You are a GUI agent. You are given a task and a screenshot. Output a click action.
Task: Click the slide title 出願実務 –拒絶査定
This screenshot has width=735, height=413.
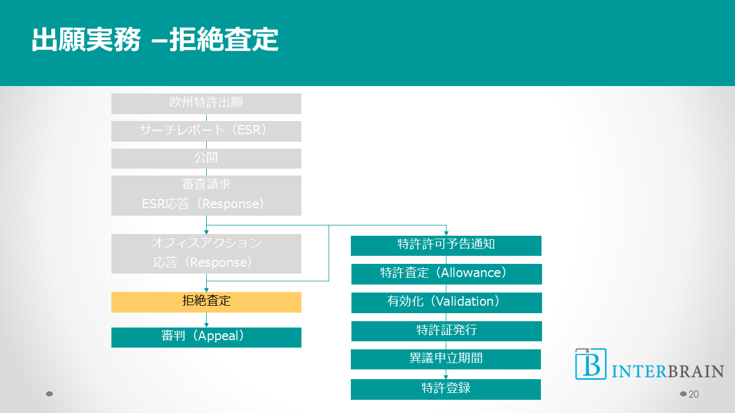pos(155,41)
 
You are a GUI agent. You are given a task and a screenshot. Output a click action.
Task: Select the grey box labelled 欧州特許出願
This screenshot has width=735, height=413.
pos(206,103)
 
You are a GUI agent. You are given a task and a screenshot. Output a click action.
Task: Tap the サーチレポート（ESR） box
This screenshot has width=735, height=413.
pos(206,131)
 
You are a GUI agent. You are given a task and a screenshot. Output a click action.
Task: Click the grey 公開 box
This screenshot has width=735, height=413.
pos(206,158)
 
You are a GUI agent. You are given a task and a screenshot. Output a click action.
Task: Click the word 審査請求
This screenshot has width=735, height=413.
pos(206,185)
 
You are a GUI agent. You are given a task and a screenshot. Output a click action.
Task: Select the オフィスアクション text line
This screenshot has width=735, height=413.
pos(206,243)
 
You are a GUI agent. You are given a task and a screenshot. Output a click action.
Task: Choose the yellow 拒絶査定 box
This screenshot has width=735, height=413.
pos(206,302)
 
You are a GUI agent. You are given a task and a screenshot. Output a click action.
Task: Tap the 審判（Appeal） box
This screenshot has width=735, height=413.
pos(206,337)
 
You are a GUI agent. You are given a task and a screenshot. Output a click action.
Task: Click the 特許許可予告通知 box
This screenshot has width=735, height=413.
pos(446,246)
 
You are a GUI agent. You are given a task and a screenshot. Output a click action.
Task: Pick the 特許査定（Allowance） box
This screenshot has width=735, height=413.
pos(446,274)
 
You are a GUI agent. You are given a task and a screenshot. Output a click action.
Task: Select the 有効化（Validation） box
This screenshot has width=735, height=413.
pos(446,302)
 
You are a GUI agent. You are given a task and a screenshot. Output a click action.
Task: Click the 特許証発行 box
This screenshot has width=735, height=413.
pos(446,331)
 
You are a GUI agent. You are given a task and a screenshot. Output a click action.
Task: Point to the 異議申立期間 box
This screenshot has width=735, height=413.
pos(446,359)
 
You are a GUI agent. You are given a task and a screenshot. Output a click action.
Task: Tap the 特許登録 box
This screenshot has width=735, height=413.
pos(446,389)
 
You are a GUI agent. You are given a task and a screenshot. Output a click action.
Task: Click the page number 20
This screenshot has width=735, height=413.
pos(694,394)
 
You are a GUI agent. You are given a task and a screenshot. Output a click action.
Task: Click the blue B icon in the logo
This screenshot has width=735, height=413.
pos(590,364)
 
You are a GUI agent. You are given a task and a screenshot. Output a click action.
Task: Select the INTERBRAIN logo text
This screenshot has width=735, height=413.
pos(667,371)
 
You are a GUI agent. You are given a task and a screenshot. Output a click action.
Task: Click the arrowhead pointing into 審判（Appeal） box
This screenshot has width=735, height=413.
pos(206,325)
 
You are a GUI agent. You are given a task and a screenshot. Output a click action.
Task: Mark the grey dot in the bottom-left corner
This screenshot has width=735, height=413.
pos(49,394)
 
